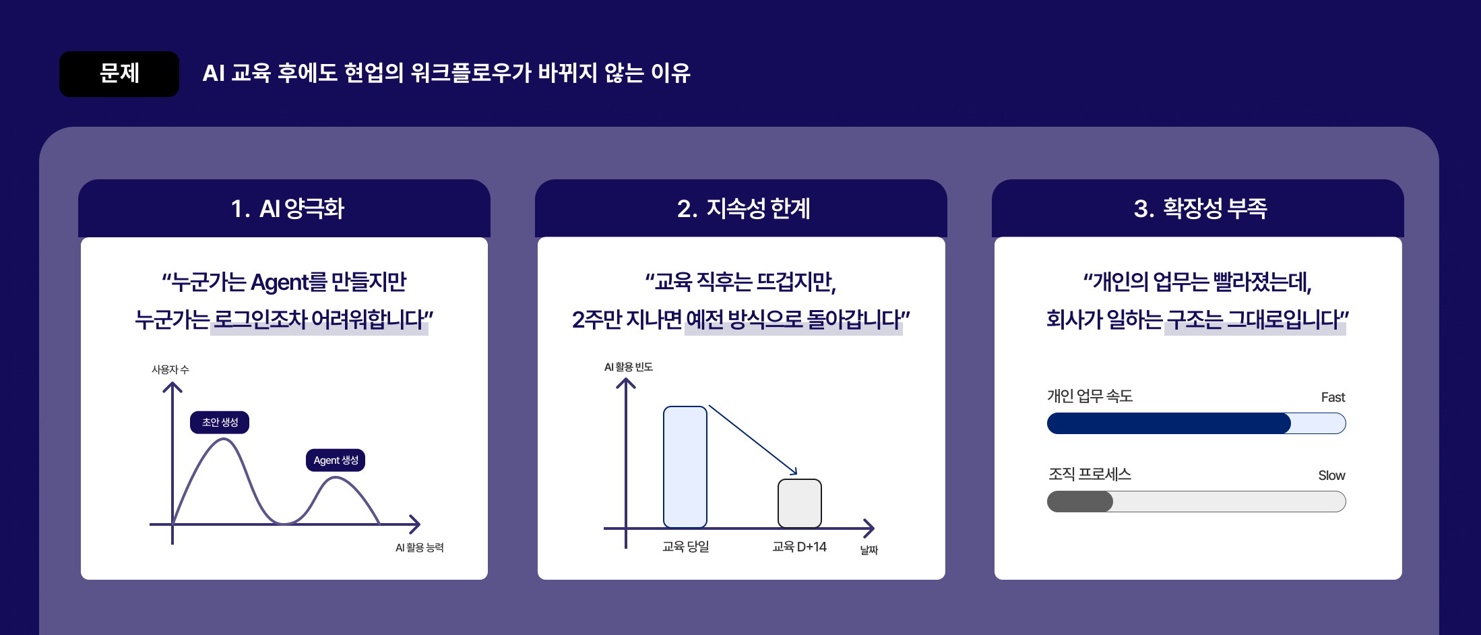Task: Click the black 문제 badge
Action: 119,73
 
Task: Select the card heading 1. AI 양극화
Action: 287,208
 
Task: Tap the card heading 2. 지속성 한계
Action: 743,208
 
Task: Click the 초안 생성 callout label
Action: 220,423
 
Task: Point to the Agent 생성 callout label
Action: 336,460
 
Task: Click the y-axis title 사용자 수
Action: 170,369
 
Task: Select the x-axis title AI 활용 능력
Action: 419,547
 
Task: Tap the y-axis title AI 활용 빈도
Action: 628,367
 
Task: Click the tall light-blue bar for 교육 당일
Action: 685,466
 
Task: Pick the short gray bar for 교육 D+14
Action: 799,504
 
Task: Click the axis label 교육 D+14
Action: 799,547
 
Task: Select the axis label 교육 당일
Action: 685,547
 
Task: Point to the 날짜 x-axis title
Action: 869,550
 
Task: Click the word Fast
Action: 1332,398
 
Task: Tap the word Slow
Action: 1331,476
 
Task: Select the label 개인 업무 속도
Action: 1090,396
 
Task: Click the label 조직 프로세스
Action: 1090,475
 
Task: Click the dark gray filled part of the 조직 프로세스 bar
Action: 1079,502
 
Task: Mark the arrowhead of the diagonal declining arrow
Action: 795,473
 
